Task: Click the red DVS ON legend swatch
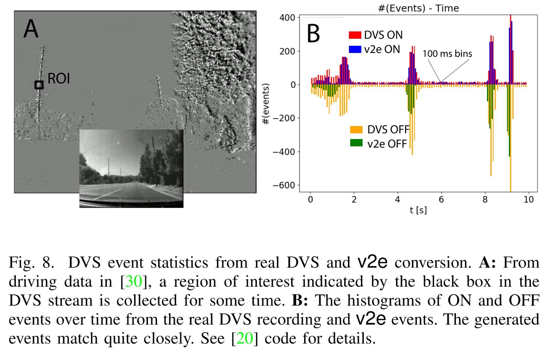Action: (x=355, y=35)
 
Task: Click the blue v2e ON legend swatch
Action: (x=355, y=49)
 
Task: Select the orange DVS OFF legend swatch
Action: (x=356, y=129)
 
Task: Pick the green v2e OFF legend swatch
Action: (x=356, y=143)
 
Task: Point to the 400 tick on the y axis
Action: (x=287, y=17)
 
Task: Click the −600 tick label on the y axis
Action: (x=284, y=185)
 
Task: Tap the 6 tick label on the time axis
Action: (x=441, y=200)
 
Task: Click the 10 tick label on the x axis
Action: (x=528, y=200)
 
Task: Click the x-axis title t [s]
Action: (x=418, y=210)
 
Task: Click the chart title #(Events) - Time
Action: (x=418, y=8)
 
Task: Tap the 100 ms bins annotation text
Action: (x=447, y=54)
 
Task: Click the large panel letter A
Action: (x=31, y=29)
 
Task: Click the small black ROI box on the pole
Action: (x=39, y=85)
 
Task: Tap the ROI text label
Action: (x=59, y=79)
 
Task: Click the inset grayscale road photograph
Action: (x=131, y=168)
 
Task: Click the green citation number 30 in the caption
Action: (x=134, y=282)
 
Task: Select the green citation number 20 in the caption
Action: (x=245, y=338)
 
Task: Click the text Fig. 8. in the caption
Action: (x=31, y=263)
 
